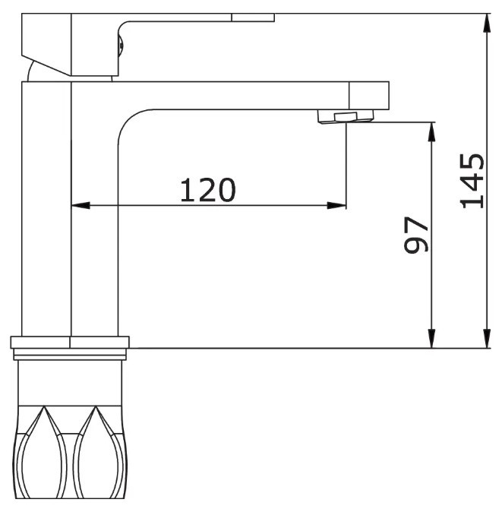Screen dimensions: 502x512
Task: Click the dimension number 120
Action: pos(207,190)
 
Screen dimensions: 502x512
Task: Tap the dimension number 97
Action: pos(415,235)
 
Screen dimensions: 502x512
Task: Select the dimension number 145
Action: pos(472,181)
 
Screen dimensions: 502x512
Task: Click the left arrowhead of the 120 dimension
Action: pos(81,205)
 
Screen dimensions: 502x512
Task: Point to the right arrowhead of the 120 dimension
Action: pos(336,205)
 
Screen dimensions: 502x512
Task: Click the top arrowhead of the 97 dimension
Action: pos(431,131)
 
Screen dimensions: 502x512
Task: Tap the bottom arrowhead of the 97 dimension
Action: pos(431,339)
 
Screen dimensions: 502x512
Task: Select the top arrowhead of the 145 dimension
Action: pos(487,24)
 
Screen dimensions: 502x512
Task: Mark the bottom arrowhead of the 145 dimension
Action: pos(487,339)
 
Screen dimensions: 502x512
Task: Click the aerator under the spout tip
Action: pos(346,116)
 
